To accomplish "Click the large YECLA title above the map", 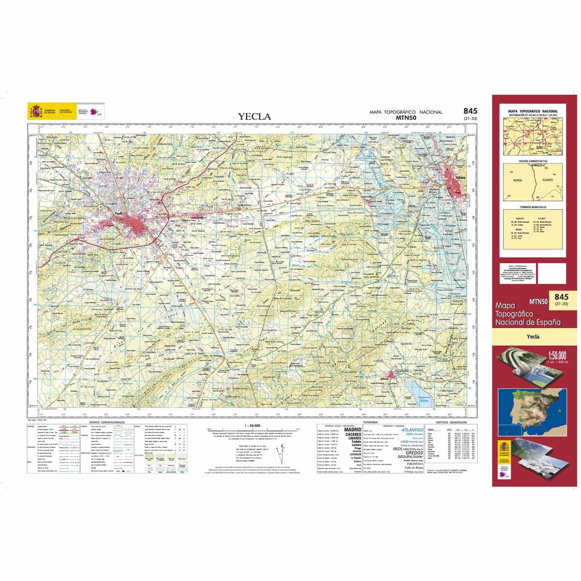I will click(x=254, y=116).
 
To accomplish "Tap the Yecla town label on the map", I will click(x=115, y=213).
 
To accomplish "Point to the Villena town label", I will click(x=460, y=179).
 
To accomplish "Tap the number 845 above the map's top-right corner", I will click(x=470, y=111).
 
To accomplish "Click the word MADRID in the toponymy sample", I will click(x=352, y=429).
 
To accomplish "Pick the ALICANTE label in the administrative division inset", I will click(x=548, y=179).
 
